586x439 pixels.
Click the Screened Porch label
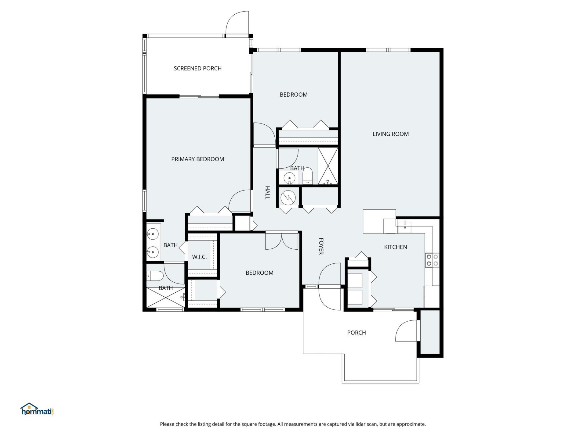(x=197, y=69)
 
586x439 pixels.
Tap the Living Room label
(x=390, y=134)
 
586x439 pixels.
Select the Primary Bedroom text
(x=197, y=159)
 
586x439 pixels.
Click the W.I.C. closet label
(x=199, y=257)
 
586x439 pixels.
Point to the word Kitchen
(x=395, y=247)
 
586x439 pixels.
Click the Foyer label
(x=321, y=246)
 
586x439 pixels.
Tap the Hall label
(x=267, y=193)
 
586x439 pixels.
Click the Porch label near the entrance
(x=356, y=333)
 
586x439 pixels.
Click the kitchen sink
(x=405, y=227)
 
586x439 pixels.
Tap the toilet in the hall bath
(x=308, y=177)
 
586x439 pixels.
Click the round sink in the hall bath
(x=289, y=178)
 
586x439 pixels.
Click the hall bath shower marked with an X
(x=328, y=166)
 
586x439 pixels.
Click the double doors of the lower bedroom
(x=281, y=241)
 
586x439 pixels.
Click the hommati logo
(x=37, y=409)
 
